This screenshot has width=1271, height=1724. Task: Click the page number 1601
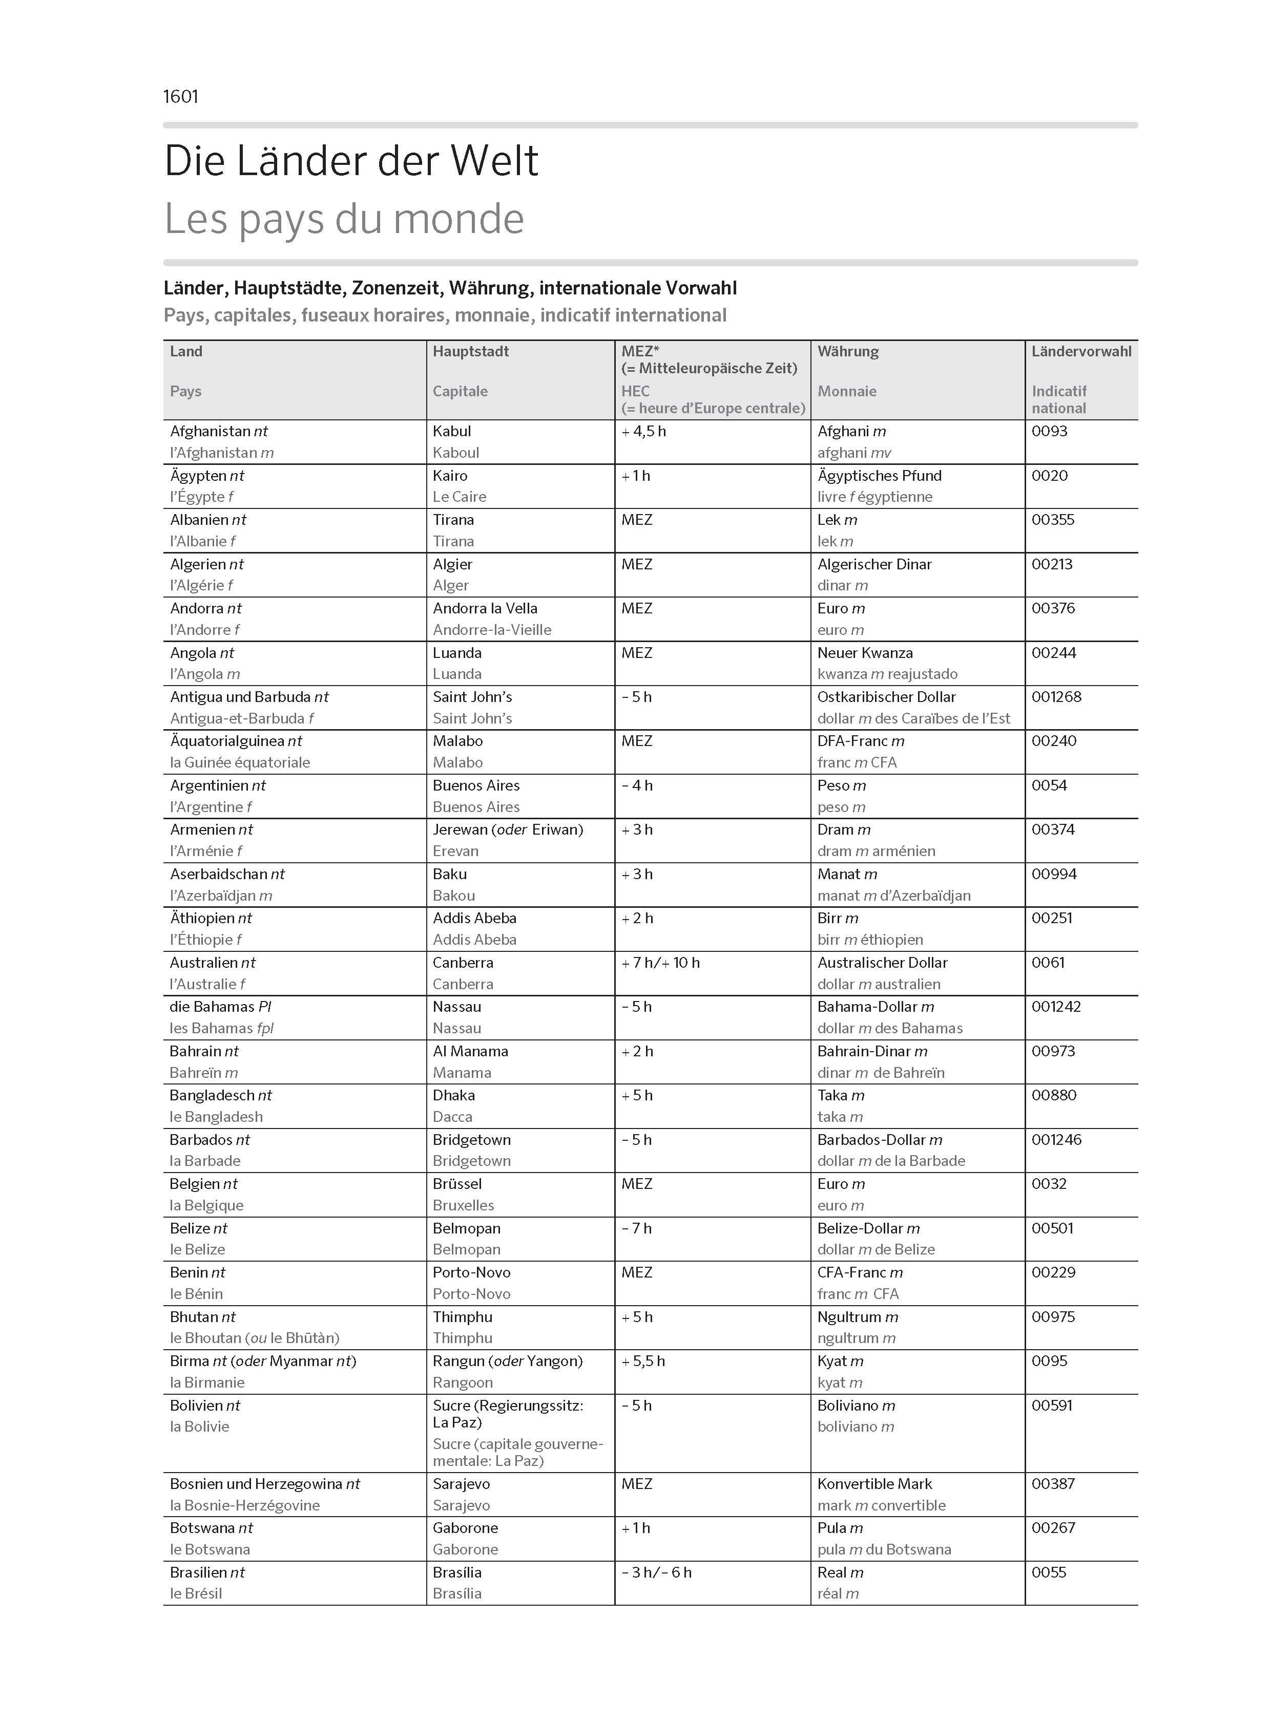[181, 97]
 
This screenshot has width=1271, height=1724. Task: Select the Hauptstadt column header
[471, 351]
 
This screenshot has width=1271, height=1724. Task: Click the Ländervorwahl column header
[1081, 351]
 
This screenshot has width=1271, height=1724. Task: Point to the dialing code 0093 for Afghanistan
[1049, 432]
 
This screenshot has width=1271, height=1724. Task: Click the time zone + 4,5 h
[644, 432]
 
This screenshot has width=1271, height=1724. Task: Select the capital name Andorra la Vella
[485, 608]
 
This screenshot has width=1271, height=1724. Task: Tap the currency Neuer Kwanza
[865, 653]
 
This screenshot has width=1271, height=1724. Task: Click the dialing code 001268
[1056, 697]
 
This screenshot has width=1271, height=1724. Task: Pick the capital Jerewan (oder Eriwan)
[508, 829]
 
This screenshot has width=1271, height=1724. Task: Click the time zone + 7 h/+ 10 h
[661, 963]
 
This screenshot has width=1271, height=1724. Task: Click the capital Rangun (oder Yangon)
[508, 1361]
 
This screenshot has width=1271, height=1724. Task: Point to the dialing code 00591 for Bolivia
[1052, 1405]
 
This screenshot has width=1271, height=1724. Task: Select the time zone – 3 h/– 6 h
[656, 1572]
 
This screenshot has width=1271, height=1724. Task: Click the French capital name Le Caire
[460, 497]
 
